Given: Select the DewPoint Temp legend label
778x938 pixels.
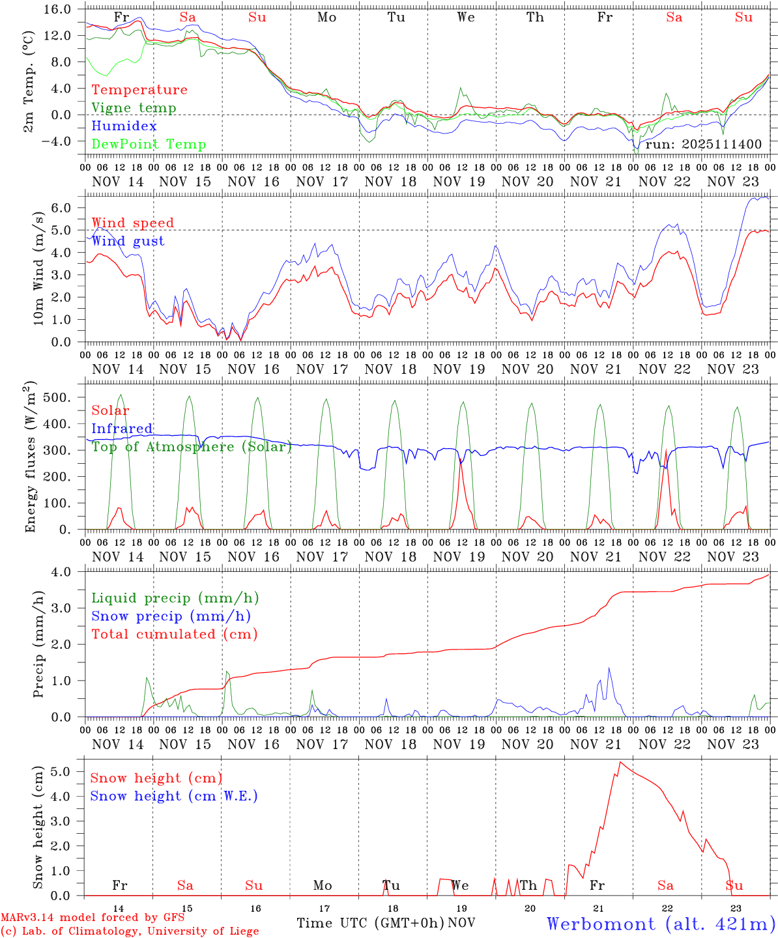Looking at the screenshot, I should point(149,145).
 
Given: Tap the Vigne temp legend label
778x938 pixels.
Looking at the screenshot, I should point(134,108).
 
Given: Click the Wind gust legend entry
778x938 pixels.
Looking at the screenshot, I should point(128,241).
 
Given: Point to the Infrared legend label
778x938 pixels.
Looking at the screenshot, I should point(122,429).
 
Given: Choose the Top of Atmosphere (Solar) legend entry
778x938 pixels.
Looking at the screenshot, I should point(192,447).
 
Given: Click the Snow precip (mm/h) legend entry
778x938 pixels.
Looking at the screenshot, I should point(171,616).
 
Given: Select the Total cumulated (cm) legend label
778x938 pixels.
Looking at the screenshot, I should point(175,634).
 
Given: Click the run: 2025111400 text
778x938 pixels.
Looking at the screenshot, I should point(703,144).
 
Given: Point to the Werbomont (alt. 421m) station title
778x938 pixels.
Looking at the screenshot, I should point(661,923).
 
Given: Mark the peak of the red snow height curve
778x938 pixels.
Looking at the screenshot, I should point(620,762).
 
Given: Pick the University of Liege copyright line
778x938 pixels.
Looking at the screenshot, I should point(130,931).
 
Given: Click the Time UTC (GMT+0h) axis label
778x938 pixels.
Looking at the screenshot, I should point(371,923).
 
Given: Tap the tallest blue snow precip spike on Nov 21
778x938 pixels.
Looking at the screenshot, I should point(609,668).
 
